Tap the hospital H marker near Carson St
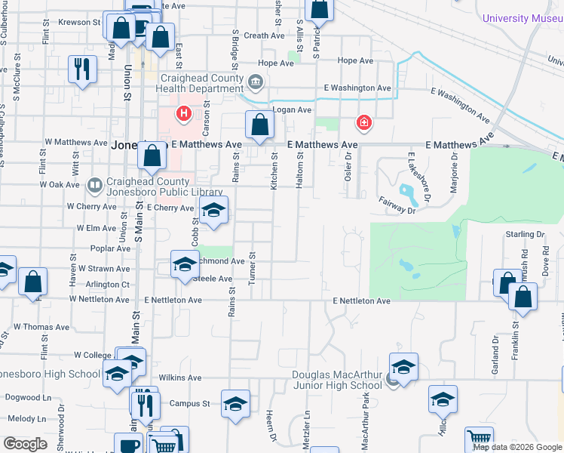(x=182, y=115)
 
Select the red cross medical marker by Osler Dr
(x=363, y=122)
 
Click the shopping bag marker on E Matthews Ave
(x=259, y=126)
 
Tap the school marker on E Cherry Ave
(x=213, y=213)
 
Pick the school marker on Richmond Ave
(x=183, y=265)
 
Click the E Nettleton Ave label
(x=362, y=301)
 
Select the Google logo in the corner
(x=25, y=443)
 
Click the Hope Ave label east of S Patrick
(x=356, y=60)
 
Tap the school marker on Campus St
(x=235, y=404)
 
